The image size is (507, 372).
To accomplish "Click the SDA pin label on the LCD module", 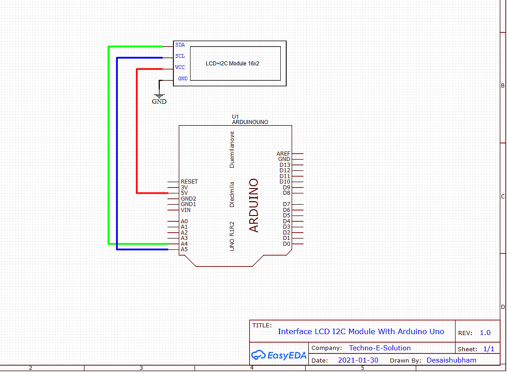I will click(x=180, y=45).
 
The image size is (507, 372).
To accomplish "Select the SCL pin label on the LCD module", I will click(x=180, y=56).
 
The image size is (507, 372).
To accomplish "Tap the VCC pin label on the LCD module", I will click(x=180, y=67).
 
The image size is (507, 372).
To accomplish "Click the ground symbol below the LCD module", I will click(x=159, y=96).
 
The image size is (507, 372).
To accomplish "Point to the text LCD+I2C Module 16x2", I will click(x=233, y=64).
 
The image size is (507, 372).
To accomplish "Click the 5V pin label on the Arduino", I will click(x=184, y=193).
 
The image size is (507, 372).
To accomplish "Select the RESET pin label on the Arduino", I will click(x=189, y=182).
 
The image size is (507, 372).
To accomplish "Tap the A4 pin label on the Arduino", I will click(x=184, y=243).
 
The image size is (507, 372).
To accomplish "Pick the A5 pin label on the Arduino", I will click(x=184, y=249).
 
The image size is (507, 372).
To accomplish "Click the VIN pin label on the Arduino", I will click(x=186, y=210).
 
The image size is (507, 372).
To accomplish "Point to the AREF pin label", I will click(x=284, y=154).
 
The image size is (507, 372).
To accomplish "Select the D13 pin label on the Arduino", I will click(x=285, y=165).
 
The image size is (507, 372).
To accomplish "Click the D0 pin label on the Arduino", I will click(x=286, y=244).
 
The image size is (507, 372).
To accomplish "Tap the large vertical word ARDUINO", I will click(x=254, y=205).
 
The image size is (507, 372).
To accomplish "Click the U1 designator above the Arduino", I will click(x=235, y=116).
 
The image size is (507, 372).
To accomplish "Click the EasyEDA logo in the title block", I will click(x=279, y=355).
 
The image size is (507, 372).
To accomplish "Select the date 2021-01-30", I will click(x=358, y=360).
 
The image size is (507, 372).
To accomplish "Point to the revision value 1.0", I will click(x=485, y=333).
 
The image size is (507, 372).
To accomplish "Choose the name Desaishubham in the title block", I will click(x=451, y=360).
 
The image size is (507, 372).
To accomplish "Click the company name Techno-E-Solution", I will click(x=380, y=348).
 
